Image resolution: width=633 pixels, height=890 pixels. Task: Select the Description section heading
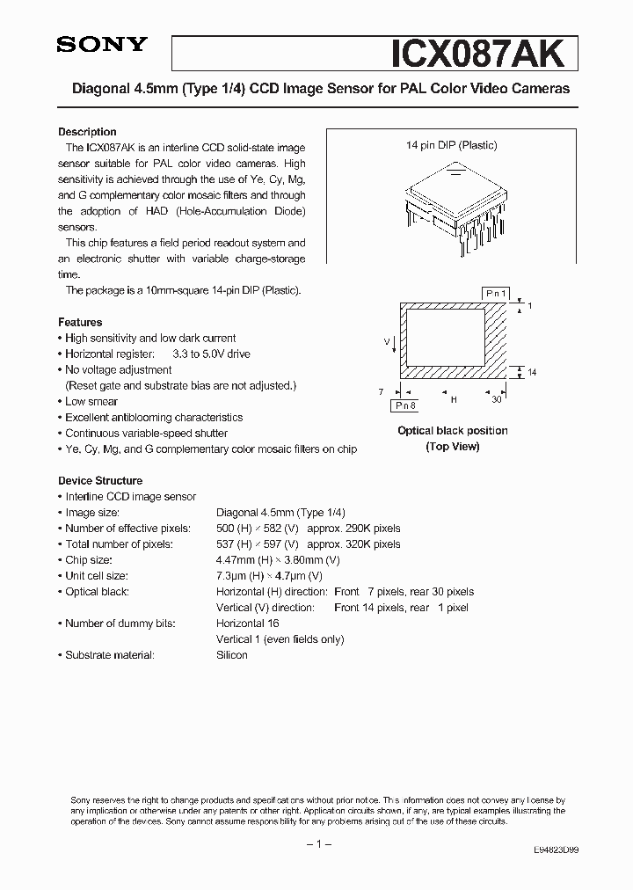tap(87, 132)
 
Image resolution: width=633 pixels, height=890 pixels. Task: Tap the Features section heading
tap(80, 322)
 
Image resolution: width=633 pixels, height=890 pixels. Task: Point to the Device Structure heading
tap(100, 480)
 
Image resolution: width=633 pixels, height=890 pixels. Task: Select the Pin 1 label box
tap(496, 292)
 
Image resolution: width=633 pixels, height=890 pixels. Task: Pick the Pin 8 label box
tap(404, 405)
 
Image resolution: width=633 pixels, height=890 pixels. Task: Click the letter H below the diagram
tap(454, 399)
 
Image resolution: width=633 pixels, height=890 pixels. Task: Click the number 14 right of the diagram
tap(532, 373)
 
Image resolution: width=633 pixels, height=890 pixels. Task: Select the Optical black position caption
tap(453, 431)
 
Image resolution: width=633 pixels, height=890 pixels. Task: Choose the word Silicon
tap(232, 654)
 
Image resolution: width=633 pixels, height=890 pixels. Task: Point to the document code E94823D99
tap(556, 850)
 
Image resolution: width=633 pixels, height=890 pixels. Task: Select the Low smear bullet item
tap(91, 401)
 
